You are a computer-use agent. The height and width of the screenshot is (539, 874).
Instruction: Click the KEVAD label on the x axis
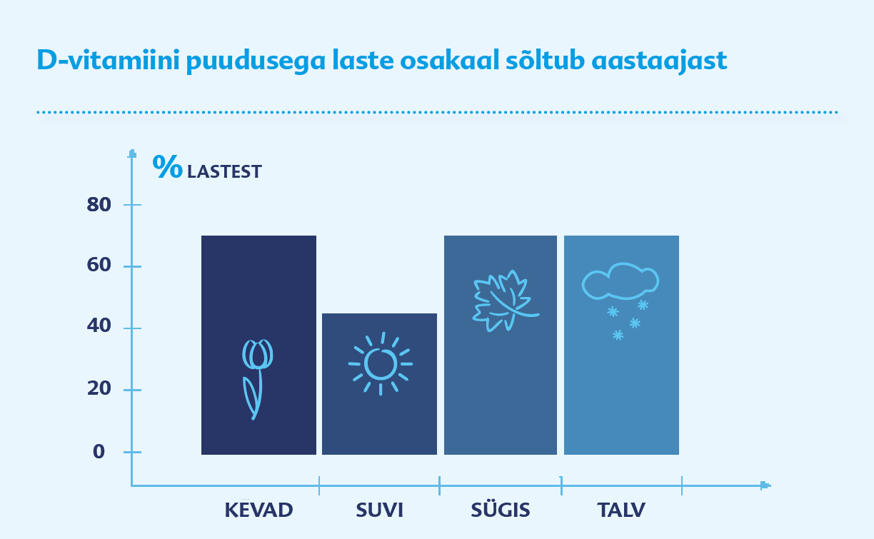coord(258,510)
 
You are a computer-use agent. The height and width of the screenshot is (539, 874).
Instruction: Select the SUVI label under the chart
coord(379,510)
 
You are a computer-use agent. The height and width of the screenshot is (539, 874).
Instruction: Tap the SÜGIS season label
coord(501,509)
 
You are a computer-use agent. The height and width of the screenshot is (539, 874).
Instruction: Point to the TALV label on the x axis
coord(621,510)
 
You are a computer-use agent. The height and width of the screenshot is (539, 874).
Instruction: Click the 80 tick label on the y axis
coord(99,205)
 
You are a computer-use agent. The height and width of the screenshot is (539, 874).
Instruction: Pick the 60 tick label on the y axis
coord(99,265)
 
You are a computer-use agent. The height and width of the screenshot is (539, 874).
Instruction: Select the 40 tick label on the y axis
coord(99,326)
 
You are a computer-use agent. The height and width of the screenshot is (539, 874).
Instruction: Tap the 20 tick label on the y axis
coord(99,388)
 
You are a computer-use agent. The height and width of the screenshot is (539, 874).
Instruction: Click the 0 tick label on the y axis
coord(99,452)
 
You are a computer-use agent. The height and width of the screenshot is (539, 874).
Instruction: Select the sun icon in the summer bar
coord(381,364)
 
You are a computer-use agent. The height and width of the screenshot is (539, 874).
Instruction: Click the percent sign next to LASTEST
coord(167,166)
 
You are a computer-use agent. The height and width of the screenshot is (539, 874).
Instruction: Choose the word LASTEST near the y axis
coord(224,171)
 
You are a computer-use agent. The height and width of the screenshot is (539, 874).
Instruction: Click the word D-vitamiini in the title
coord(108,60)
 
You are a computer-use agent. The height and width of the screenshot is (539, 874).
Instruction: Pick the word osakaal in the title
coord(450,60)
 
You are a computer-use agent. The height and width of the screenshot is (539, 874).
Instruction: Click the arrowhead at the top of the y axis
coord(132,154)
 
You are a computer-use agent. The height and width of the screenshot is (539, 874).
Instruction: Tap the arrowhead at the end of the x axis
coord(765,485)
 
